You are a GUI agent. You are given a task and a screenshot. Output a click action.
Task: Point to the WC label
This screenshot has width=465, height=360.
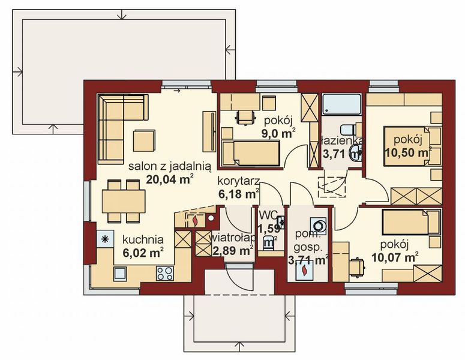click(x=268, y=215)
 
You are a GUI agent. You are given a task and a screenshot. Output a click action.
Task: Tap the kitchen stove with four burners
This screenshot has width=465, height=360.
click(x=164, y=274)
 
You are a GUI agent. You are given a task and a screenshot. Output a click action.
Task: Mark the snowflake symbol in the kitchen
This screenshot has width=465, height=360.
click(x=106, y=239)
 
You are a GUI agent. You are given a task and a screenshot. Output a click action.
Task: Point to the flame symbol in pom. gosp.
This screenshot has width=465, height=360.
click(x=305, y=271)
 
